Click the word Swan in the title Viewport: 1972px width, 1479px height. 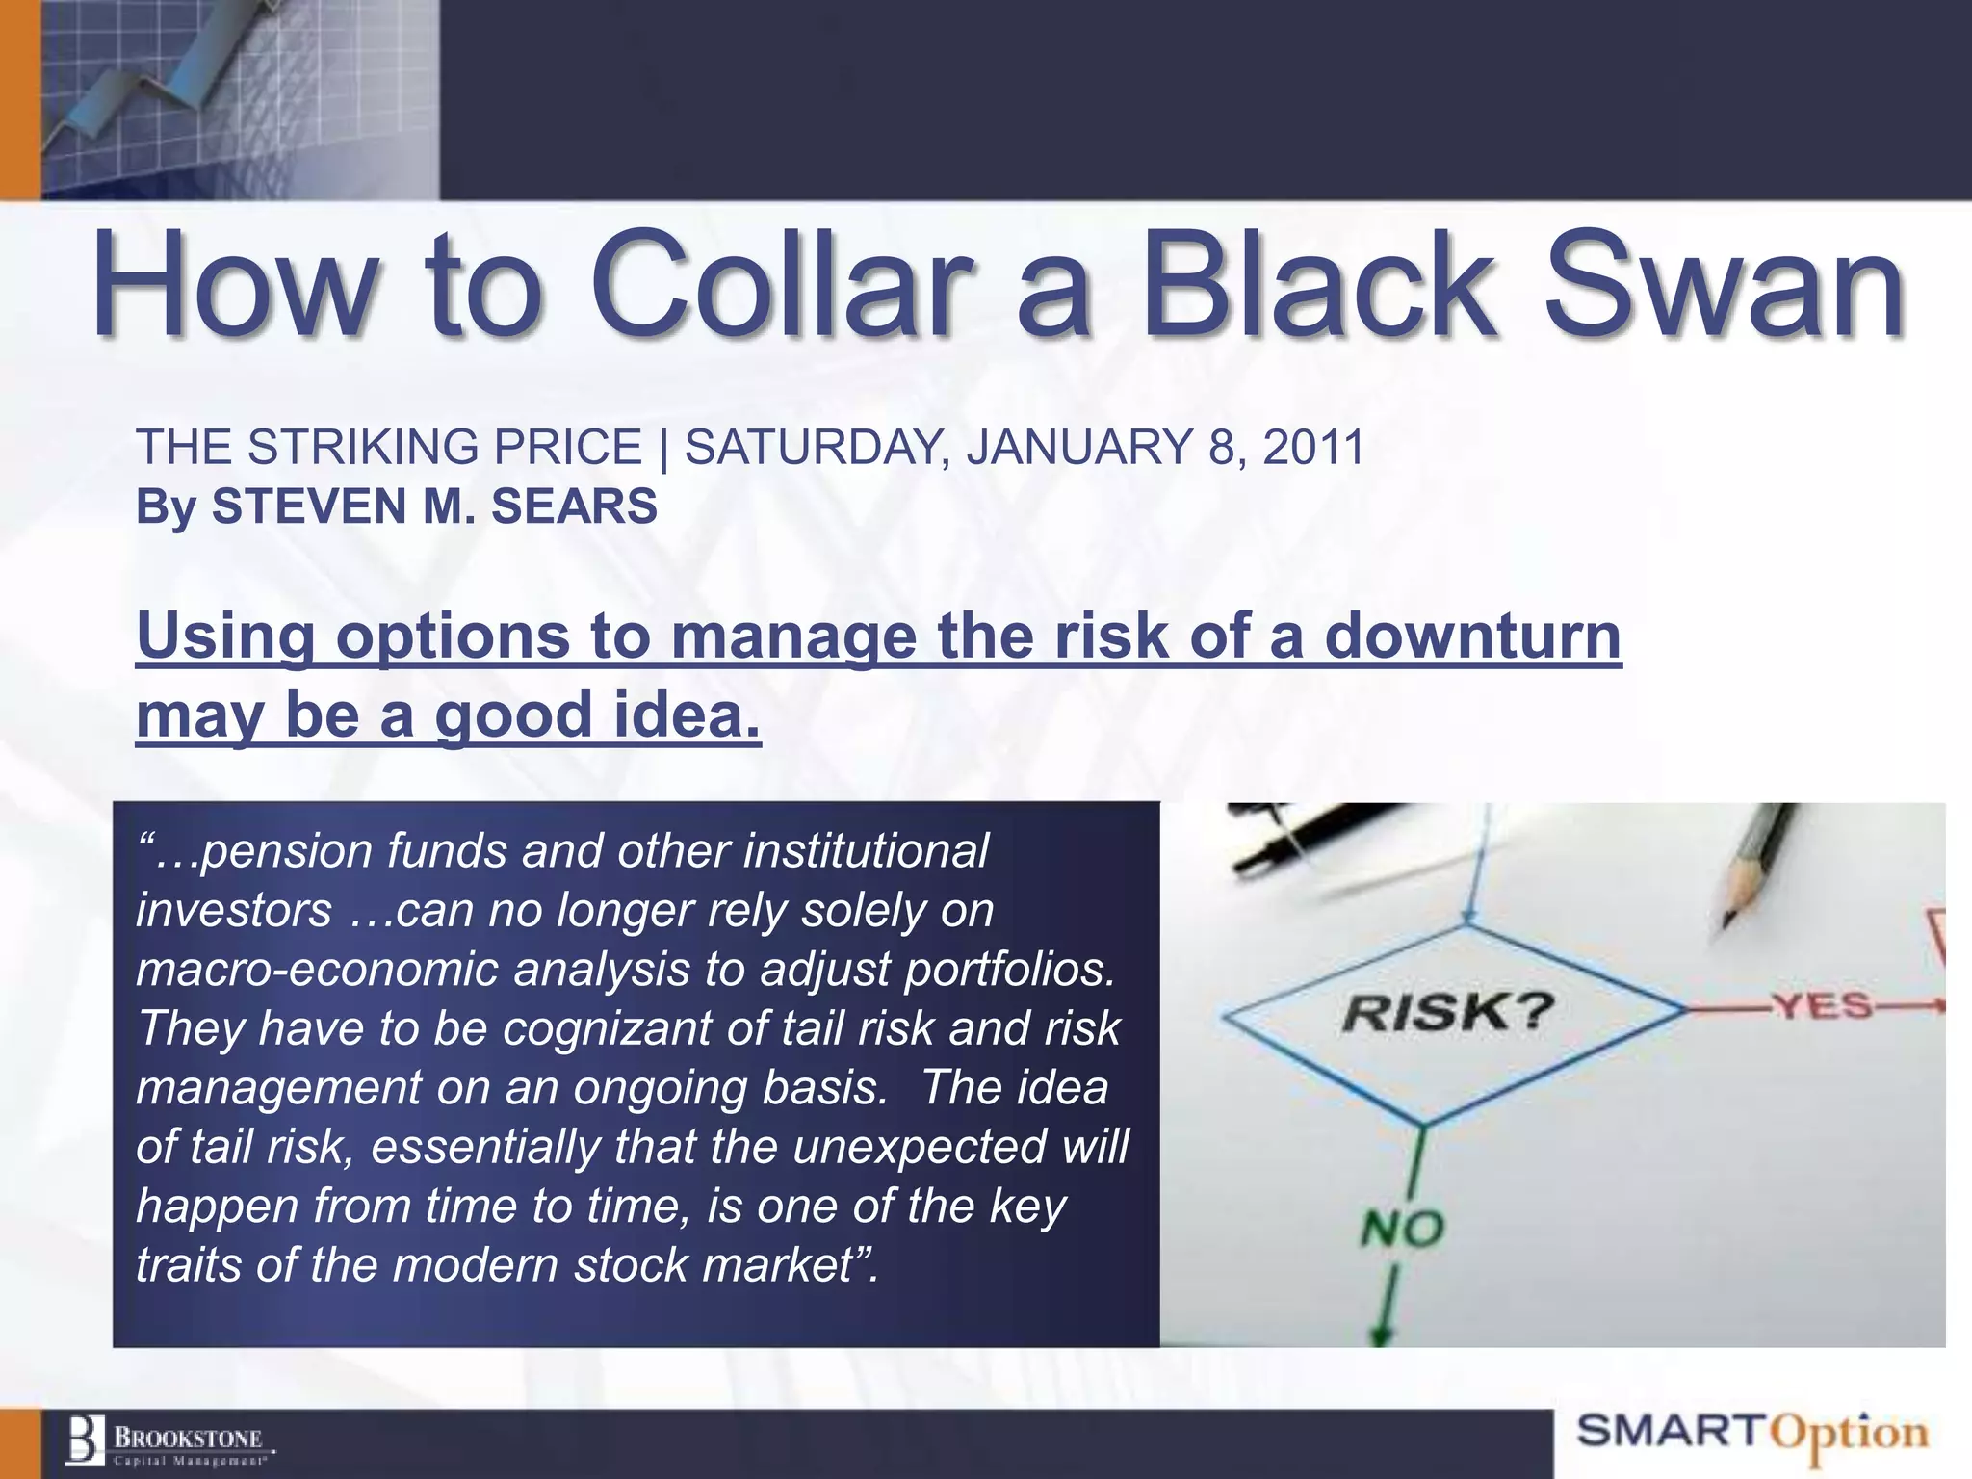1724,285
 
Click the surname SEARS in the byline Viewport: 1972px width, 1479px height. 574,506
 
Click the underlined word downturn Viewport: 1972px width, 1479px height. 1473,637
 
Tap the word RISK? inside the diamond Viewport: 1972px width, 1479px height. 1448,1012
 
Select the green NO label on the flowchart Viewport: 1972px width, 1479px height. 1402,1230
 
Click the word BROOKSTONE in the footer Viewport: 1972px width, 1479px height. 189,1438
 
